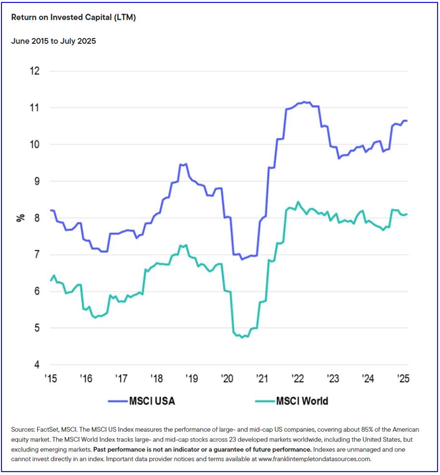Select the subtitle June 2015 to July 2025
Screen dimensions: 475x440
click(53, 41)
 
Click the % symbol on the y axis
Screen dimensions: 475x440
click(20, 218)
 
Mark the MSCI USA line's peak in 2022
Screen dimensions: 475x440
click(304, 102)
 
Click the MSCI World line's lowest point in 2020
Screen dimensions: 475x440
click(242, 337)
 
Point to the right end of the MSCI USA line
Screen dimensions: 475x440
click(407, 120)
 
